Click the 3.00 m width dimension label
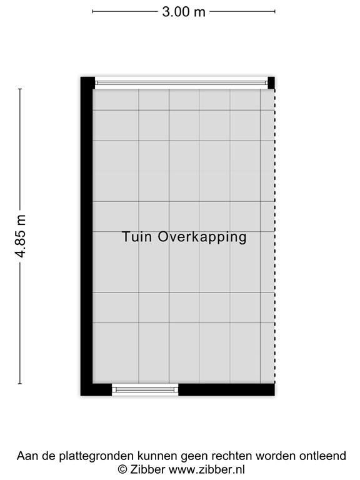click(x=183, y=12)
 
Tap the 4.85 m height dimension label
click(x=21, y=236)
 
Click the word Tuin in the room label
click(x=137, y=237)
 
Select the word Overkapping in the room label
click(x=202, y=237)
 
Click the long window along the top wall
click(x=181, y=82)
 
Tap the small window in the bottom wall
click(x=145, y=389)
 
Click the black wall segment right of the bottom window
click(x=226, y=389)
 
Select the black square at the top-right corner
click(x=271, y=82)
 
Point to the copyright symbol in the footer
click(x=123, y=469)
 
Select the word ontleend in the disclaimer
click(x=323, y=456)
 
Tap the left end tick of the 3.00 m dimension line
click(x=92, y=11)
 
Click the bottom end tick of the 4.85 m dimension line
click(x=20, y=384)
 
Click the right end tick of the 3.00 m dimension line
click(x=274, y=11)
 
